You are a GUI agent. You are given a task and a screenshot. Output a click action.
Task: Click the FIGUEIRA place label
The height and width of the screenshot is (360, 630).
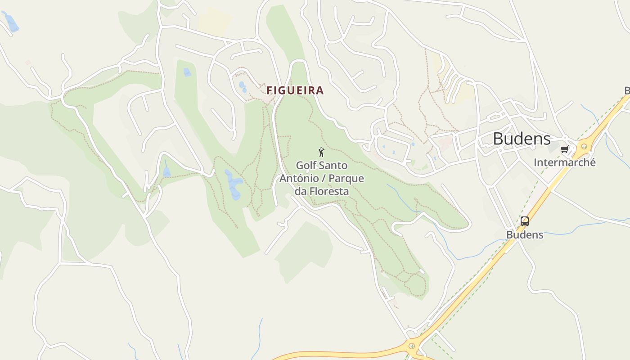point(295,90)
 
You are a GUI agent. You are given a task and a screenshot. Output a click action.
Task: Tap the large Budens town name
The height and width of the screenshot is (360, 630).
point(522,139)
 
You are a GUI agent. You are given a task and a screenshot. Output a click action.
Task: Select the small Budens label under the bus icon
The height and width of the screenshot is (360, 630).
point(525,235)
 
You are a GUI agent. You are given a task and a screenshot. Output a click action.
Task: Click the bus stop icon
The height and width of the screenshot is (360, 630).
point(525,221)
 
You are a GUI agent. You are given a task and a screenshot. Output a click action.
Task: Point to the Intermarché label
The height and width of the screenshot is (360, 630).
point(564,162)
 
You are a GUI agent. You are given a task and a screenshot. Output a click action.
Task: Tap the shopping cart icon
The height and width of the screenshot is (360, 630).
point(565,149)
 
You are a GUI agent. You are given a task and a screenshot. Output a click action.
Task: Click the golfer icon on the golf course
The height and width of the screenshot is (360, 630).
point(321,152)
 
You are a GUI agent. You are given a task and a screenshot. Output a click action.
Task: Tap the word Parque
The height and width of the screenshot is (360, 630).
point(346,179)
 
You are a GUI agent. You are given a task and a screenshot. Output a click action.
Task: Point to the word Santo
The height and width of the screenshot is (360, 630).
point(334,166)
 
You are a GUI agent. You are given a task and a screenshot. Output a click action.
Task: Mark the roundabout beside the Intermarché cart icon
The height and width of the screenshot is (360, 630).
point(584,146)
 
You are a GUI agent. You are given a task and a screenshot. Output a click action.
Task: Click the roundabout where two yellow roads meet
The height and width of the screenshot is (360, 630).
point(411,346)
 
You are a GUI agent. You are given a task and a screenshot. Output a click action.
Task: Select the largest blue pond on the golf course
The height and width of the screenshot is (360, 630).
point(234,184)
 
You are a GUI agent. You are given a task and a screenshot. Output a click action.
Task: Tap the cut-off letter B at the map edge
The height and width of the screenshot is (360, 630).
point(627,91)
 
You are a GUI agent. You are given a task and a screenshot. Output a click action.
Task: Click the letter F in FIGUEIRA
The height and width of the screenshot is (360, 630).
point(270,90)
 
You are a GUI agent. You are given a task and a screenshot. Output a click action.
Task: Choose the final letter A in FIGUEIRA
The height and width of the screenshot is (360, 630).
point(319,90)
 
